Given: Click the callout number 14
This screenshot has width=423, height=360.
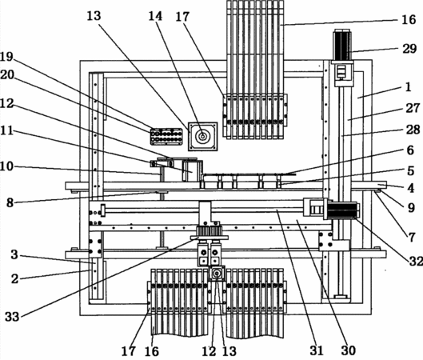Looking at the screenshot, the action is point(156,16).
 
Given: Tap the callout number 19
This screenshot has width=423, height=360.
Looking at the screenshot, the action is point(6,57).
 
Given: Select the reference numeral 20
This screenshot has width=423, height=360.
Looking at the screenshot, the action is point(7,74).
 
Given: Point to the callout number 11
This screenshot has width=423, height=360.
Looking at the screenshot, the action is point(6,130).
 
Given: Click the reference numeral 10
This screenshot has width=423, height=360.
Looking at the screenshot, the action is point(6,166).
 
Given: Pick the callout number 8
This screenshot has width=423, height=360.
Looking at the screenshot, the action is point(10,202).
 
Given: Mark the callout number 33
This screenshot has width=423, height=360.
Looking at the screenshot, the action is point(12,317).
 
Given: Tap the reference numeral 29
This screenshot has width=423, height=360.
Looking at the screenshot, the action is point(409,49).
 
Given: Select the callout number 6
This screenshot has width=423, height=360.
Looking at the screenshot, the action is point(410,150).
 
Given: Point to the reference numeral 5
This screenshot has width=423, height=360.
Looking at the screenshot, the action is point(410,171).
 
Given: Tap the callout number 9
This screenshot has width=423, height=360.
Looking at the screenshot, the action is point(411,207).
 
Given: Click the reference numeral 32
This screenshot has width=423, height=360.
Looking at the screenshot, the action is point(416,261).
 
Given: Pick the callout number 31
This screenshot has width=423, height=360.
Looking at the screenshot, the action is point(317,350).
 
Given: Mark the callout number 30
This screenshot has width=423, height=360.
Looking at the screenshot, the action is point(349,350).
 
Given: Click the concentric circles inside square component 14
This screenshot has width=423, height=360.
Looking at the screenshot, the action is point(202,137).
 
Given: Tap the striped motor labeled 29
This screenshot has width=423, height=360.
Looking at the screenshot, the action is point(342,45).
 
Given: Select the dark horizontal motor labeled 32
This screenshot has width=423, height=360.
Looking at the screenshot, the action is point(343,210).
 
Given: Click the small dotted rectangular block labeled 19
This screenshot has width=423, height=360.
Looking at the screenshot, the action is point(166,137).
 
